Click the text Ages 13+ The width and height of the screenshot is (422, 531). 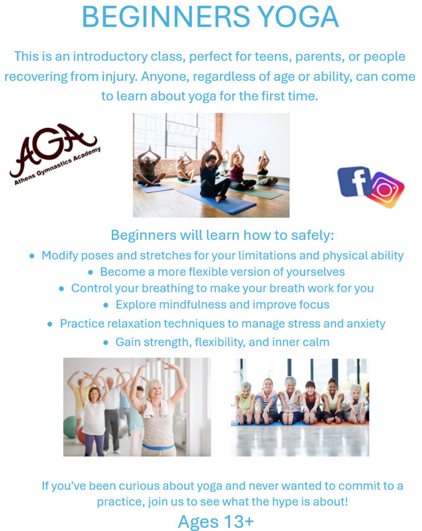[216, 522]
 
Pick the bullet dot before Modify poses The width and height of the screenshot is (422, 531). [32, 256]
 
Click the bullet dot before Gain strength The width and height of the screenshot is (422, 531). [106, 343]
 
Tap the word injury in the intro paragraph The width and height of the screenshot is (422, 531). [120, 77]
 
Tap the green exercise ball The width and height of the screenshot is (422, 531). [69, 427]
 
